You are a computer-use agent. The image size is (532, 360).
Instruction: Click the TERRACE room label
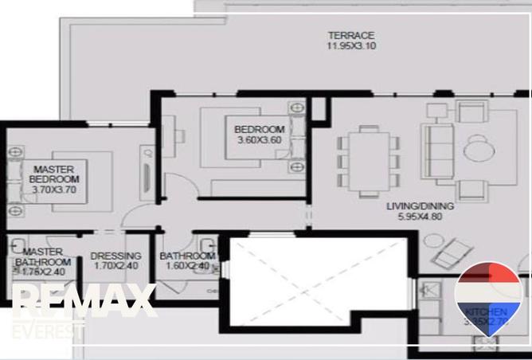pyautogui.click(x=351, y=35)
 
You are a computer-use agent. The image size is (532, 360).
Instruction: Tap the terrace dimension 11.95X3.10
pyautogui.click(x=351, y=46)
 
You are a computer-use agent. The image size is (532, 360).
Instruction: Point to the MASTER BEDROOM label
pyautogui.click(x=54, y=174)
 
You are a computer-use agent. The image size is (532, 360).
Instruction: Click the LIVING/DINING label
pyautogui.click(x=420, y=206)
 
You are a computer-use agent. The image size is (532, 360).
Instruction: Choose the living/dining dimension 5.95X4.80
pyautogui.click(x=420, y=217)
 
